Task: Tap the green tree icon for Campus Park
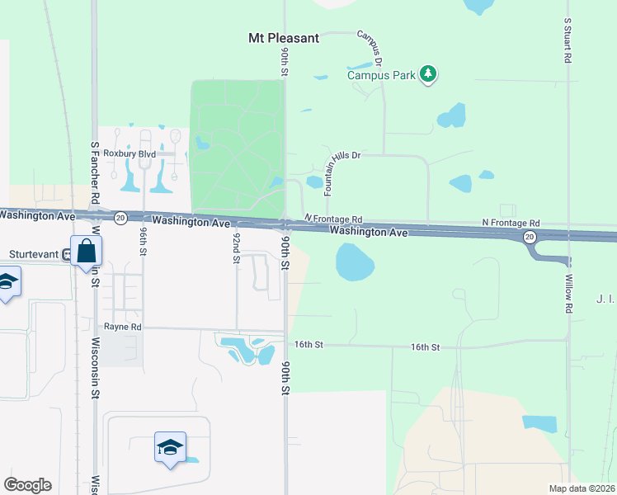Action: click(427, 74)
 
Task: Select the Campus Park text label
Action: click(381, 75)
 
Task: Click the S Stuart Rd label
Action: click(568, 41)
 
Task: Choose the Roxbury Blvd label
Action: click(124, 153)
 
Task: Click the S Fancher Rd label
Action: click(95, 172)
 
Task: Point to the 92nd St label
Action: click(236, 247)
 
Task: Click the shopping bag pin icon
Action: click(86, 251)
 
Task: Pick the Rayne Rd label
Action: click(123, 328)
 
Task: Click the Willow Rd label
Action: click(568, 295)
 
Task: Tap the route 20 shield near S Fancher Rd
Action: click(120, 218)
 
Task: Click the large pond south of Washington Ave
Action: click(355, 262)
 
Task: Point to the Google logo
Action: click(28, 485)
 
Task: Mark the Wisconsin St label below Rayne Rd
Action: click(95, 368)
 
